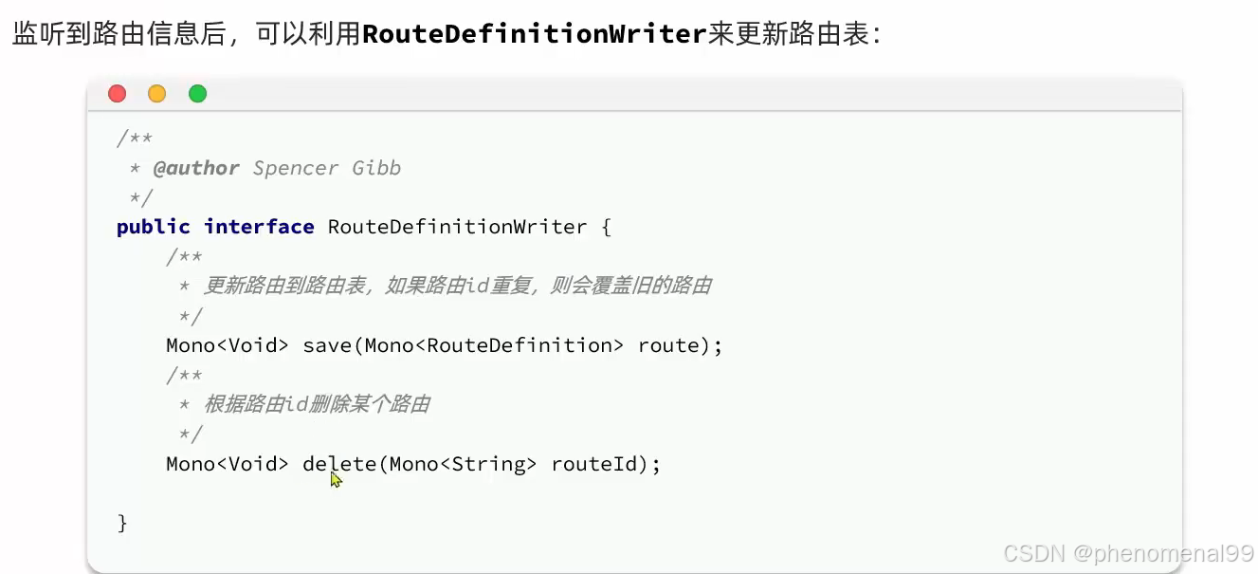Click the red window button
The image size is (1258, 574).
click(x=118, y=93)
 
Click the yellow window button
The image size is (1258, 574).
click(x=157, y=93)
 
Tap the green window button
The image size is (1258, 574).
click(x=197, y=93)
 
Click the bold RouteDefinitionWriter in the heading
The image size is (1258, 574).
click(x=535, y=34)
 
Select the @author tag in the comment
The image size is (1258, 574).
click(x=196, y=168)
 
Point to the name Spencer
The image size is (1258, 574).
click(x=296, y=168)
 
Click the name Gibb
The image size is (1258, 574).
click(x=376, y=168)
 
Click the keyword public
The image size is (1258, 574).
click(x=154, y=227)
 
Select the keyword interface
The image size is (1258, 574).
click(x=259, y=227)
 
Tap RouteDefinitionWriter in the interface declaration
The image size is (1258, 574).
click(x=457, y=227)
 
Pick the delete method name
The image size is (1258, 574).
click(x=339, y=464)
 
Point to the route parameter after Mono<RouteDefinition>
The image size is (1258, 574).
click(x=669, y=345)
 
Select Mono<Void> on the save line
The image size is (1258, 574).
click(x=228, y=345)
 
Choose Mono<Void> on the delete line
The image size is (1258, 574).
click(x=228, y=464)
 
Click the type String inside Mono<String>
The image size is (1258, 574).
click(x=488, y=464)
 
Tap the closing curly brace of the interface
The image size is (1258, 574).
click(x=122, y=523)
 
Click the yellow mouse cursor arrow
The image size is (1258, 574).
click(x=336, y=480)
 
